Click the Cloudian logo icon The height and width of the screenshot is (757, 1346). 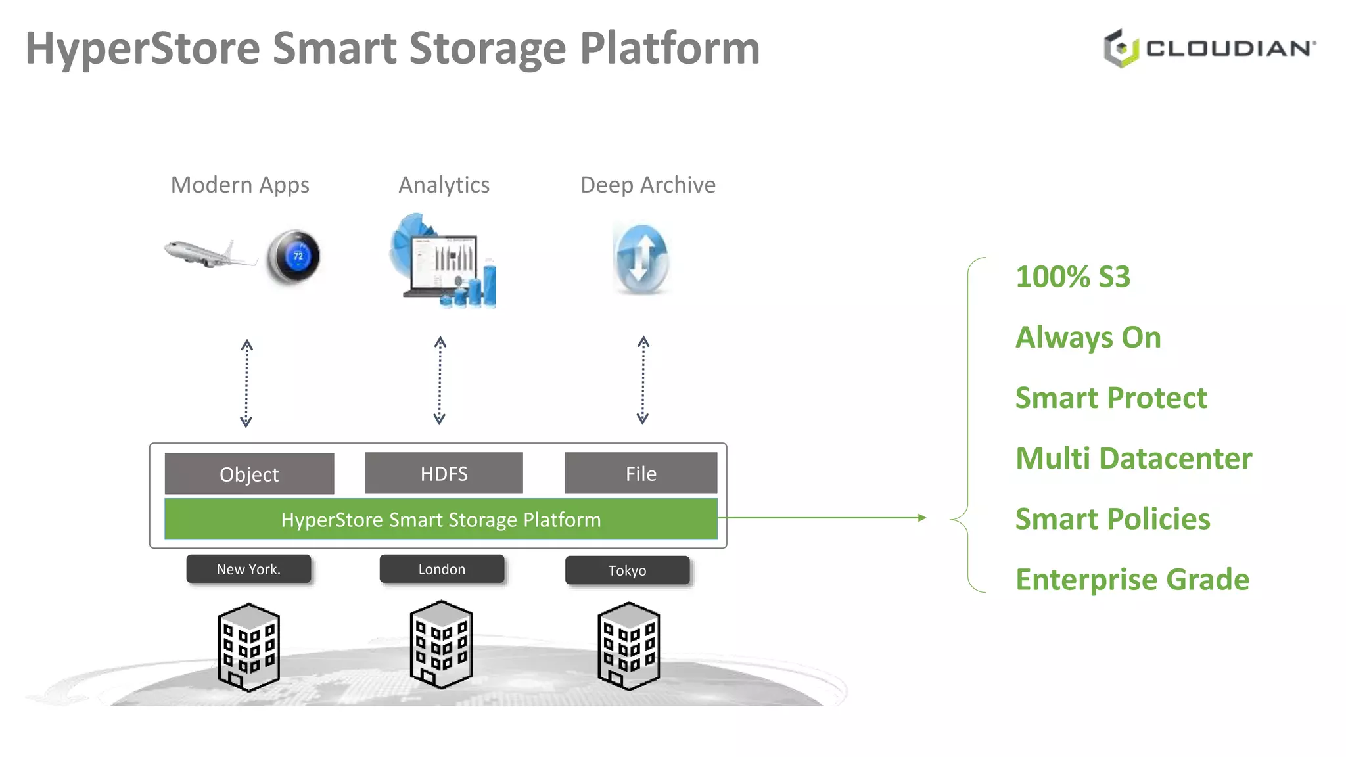(1121, 48)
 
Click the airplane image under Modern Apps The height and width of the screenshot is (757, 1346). (209, 254)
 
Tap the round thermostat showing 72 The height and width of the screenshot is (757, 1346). (293, 257)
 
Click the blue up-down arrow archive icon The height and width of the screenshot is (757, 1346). (641, 258)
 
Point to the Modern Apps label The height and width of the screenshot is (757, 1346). (240, 185)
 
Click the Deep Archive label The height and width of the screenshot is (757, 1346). (647, 185)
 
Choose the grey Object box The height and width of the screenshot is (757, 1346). (249, 474)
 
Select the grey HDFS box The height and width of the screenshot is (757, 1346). (444, 473)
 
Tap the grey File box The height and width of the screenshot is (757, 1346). (641, 473)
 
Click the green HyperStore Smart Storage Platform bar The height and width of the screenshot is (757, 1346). (440, 519)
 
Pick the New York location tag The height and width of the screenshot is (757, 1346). (248, 569)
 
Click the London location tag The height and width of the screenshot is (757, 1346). (442, 569)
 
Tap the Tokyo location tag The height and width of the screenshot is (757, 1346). (627, 570)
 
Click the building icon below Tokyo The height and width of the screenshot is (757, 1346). (628, 646)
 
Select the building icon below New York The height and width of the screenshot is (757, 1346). (248, 647)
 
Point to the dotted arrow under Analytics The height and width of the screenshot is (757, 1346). (440, 380)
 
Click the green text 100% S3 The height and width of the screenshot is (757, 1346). (1073, 277)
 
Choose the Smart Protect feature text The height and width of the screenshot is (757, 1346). (1111, 398)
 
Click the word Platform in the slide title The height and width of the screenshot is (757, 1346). (669, 49)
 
